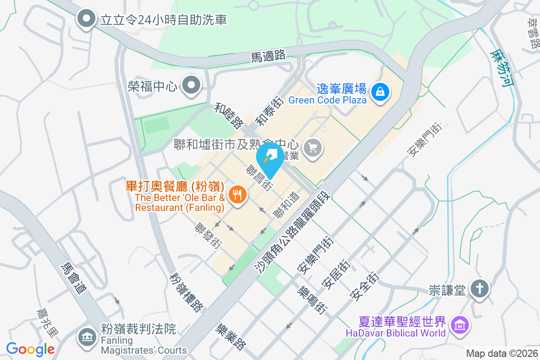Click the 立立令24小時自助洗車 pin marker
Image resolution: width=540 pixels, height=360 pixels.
[86, 19]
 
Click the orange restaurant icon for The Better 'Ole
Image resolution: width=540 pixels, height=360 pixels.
[237, 194]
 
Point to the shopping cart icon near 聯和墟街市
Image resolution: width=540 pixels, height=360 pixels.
[313, 147]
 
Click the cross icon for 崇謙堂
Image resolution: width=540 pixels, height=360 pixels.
[480, 288]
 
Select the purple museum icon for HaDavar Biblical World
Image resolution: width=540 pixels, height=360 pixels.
[460, 324]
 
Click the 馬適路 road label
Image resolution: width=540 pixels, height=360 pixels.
[268, 56]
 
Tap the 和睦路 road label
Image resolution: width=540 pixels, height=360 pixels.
[229, 116]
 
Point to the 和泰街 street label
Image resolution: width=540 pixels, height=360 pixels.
[269, 112]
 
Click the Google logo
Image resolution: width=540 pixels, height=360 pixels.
[30, 349]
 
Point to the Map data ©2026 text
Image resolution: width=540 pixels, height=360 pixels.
[501, 353]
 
